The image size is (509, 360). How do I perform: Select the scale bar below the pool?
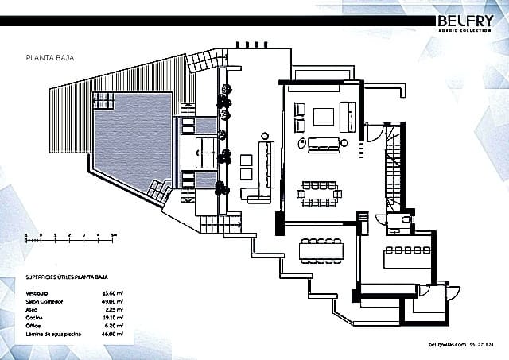[72, 236]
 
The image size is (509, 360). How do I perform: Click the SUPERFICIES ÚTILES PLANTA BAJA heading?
[67, 280]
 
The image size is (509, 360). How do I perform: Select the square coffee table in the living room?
[324, 118]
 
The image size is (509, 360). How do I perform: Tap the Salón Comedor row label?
[46, 302]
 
